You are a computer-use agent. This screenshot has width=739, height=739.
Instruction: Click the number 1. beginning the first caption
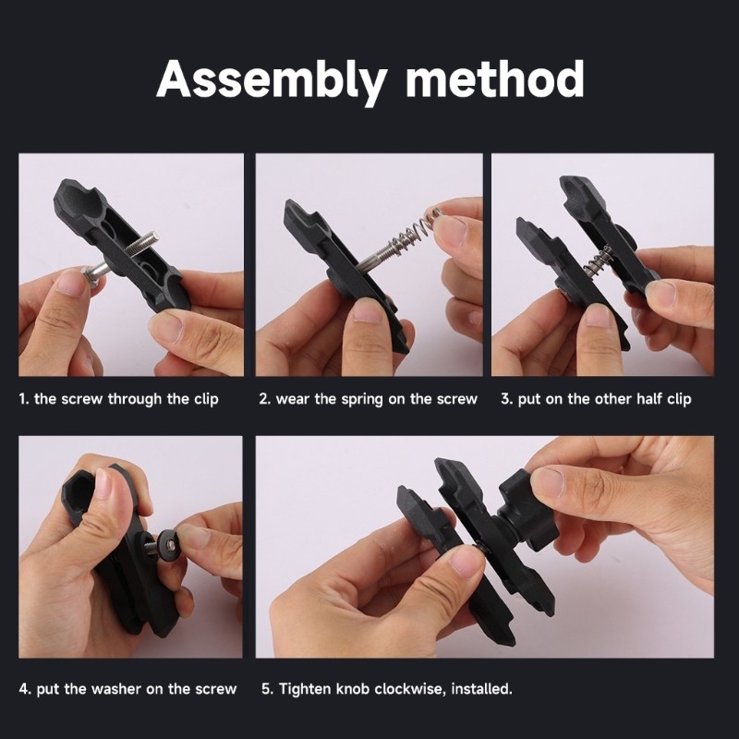click(24, 399)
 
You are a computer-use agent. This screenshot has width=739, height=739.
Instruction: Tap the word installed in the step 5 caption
click(481, 688)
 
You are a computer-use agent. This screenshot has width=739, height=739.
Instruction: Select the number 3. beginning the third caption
click(506, 399)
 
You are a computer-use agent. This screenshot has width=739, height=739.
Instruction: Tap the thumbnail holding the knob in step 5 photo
click(549, 481)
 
